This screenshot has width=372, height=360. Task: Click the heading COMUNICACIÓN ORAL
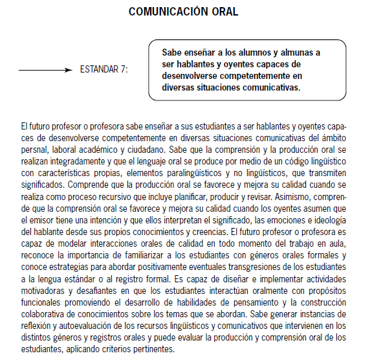pyautogui.click(x=183, y=12)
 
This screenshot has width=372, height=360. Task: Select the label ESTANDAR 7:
pyautogui.click(x=104, y=69)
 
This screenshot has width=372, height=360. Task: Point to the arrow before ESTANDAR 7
pyautogui.click(x=45, y=69)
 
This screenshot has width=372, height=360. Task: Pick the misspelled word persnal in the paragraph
pyautogui.click(x=36, y=148)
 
